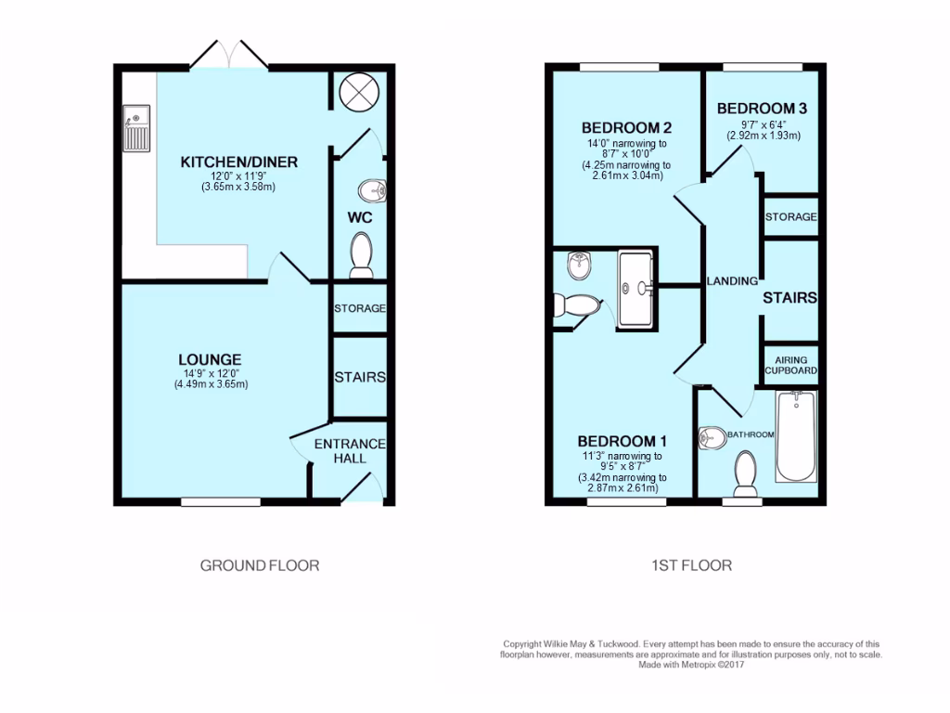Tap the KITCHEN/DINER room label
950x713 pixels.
[x=238, y=162]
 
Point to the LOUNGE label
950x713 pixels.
[x=211, y=359]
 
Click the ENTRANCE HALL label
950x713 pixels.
[x=350, y=451]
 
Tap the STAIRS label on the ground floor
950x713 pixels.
[x=360, y=377]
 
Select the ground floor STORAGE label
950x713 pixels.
[x=360, y=308]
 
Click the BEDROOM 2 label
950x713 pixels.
[x=626, y=127]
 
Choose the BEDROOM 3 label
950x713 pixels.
[x=762, y=109]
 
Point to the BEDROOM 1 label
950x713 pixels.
[x=622, y=441]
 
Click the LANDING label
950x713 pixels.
[x=733, y=280]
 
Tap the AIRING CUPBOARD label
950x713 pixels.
[x=791, y=365]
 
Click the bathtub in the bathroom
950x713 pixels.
[x=796, y=436]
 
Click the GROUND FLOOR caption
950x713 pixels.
[x=260, y=565]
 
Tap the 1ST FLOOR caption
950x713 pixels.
[x=692, y=565]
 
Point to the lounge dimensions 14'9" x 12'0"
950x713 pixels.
[x=211, y=374]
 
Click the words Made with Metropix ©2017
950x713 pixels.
[x=691, y=664]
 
